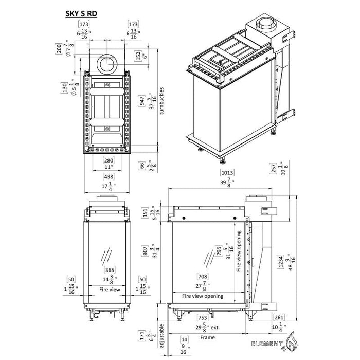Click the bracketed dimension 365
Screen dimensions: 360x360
click(x=108, y=270)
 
